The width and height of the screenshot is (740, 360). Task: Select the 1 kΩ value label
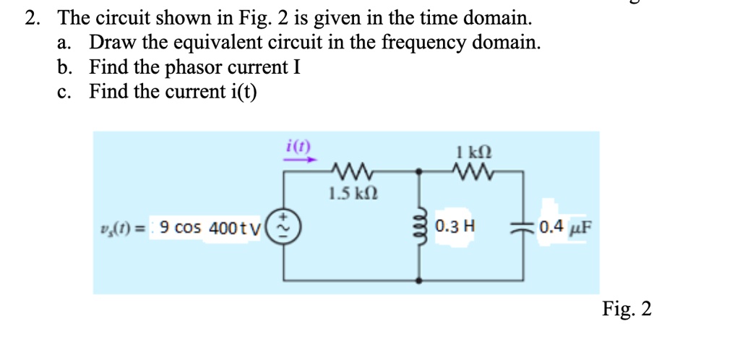pyautogui.click(x=473, y=153)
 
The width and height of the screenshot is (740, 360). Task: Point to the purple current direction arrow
pyautogui.click(x=297, y=160)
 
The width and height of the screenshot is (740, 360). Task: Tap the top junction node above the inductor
pyautogui.click(x=420, y=172)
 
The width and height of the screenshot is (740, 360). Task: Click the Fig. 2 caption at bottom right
pyautogui.click(x=627, y=309)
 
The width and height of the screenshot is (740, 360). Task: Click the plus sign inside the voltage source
pyautogui.click(x=283, y=216)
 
